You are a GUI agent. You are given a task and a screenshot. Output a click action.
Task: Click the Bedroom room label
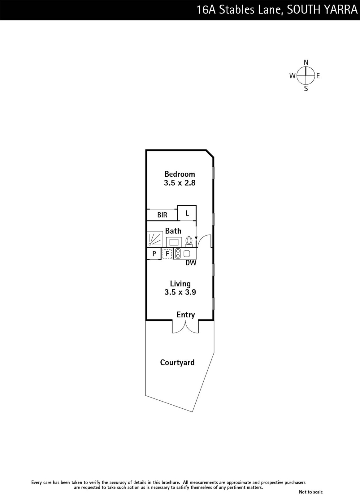point(180,174)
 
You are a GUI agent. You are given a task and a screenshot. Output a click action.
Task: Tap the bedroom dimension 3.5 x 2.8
point(180,183)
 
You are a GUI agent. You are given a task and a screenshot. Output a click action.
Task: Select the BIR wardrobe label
point(162,215)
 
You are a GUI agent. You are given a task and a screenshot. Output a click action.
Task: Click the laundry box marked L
point(187,213)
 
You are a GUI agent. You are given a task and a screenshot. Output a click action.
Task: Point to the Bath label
point(173,231)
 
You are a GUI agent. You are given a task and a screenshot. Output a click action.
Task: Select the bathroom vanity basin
point(174,242)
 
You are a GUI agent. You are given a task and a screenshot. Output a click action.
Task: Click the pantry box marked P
point(154,254)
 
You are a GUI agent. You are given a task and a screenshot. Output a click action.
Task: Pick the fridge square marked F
point(167,254)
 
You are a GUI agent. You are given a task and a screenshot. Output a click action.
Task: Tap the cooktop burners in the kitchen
point(178,253)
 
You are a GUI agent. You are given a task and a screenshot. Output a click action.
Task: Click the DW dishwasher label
point(191,263)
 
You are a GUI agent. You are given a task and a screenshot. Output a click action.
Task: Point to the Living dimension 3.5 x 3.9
point(180,292)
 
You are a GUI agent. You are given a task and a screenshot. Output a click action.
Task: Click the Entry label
point(185,315)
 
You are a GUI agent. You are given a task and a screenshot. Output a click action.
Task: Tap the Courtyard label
point(177,363)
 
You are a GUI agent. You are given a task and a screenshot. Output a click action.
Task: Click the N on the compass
point(306,62)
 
